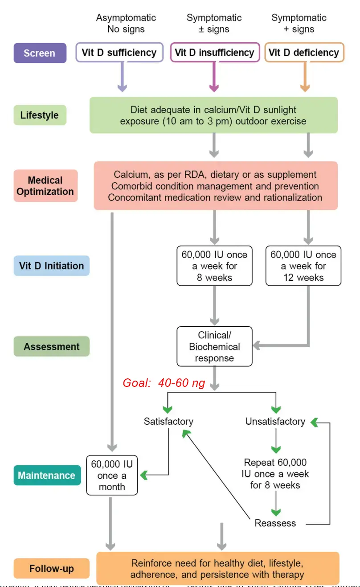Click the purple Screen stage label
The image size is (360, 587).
pyautogui.click(x=40, y=53)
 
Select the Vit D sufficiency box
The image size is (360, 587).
pyautogui.click(x=119, y=53)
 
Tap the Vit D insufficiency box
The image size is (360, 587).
pyautogui.click(x=214, y=53)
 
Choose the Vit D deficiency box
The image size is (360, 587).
pyautogui.click(x=304, y=53)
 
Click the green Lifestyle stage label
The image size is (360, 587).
pyautogui.click(x=40, y=115)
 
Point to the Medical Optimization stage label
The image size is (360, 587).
pyautogui.click(x=45, y=186)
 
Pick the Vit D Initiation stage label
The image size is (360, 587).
pyautogui.click(x=51, y=266)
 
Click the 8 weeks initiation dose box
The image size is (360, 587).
pyautogui.click(x=214, y=266)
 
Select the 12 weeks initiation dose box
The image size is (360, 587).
pyautogui.click(x=303, y=266)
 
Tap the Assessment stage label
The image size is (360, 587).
pyautogui.click(x=51, y=346)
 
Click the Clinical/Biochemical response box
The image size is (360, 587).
pyautogui.click(x=214, y=346)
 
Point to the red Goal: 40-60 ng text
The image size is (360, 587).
pyautogui.click(x=164, y=383)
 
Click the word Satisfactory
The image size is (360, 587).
pyautogui.click(x=168, y=421)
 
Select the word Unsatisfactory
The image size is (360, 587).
pyautogui.click(x=275, y=421)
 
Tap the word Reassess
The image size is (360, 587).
pyautogui.click(x=275, y=523)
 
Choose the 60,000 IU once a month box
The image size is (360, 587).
pyautogui.click(x=112, y=475)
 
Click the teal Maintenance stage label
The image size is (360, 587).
pyautogui.click(x=46, y=475)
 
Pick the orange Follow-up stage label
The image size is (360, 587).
pyautogui.click(x=51, y=569)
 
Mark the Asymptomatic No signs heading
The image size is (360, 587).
pyautogui.click(x=126, y=24)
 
